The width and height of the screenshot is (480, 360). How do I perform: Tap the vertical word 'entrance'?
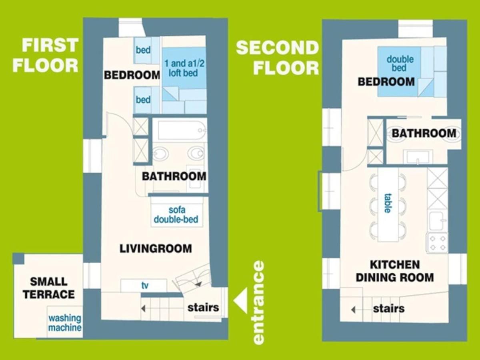pos(258,302)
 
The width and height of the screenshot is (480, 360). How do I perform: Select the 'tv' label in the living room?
pos(145,285)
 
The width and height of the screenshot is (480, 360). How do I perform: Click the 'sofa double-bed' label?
pos(176,214)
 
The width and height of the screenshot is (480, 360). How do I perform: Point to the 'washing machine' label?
pos(65,323)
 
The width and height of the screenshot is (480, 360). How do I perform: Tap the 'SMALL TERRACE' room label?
pos(49,288)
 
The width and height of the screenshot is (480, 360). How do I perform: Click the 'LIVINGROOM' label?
pos(156,248)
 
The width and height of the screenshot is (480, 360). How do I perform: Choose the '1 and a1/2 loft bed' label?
pos(184,68)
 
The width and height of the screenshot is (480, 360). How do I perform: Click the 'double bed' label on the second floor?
pos(400,63)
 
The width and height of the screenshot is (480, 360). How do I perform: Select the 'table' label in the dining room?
pos(388,203)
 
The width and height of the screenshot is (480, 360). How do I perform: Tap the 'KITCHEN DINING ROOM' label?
pos(395,271)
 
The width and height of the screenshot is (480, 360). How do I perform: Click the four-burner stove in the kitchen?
pos(437,243)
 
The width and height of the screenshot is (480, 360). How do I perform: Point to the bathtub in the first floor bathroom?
pos(182,130)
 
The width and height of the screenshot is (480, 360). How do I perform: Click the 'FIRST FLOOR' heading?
pos(46,55)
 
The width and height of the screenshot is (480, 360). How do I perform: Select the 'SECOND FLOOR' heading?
pos(277,58)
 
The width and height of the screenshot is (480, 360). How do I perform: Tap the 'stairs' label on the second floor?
pos(388,308)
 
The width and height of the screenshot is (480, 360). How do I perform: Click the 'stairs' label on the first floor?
pos(203,307)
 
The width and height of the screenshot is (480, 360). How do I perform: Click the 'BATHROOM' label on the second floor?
pos(424,133)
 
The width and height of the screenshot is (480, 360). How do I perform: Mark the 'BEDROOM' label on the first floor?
pos(132,75)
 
